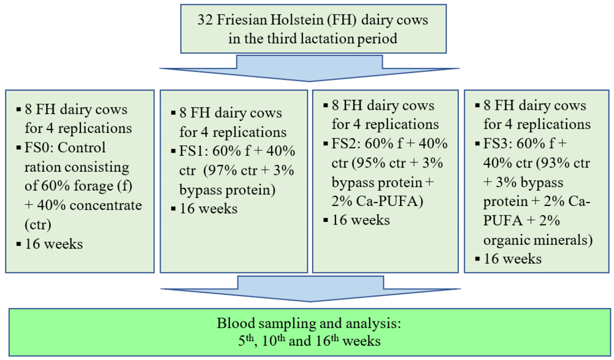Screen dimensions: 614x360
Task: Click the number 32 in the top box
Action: tap(205, 20)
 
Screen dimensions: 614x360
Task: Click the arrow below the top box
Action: tap(309, 68)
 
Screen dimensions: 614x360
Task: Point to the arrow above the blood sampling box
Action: tap(310, 289)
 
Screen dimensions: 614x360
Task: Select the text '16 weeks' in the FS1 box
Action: tap(209, 209)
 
